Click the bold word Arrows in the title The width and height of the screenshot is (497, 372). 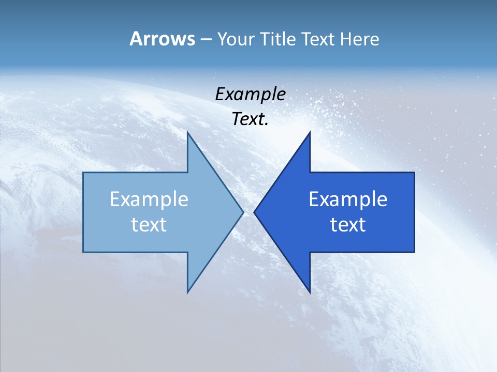tap(162, 39)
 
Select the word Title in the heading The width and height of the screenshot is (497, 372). tap(278, 39)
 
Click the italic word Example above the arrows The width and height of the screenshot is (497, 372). tap(251, 94)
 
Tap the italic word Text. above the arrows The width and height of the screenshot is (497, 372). tap(251, 119)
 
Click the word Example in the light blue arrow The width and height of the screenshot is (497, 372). tap(149, 199)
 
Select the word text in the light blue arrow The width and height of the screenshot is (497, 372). tap(149, 225)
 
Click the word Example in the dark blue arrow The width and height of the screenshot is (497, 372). tap(348, 199)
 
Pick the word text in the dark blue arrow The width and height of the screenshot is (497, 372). tap(348, 225)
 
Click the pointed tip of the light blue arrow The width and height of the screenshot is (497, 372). tap(243, 212)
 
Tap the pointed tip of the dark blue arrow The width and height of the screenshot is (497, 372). tap(254, 212)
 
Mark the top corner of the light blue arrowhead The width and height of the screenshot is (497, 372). tap(187, 132)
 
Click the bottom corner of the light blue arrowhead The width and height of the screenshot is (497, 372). tap(187, 292)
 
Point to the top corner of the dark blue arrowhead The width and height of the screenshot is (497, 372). tap(310, 132)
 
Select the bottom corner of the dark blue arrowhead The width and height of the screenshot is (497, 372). tap(310, 292)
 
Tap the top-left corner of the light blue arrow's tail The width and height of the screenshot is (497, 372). tap(83, 173)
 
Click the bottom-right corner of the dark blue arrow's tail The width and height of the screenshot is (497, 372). tap(414, 252)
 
